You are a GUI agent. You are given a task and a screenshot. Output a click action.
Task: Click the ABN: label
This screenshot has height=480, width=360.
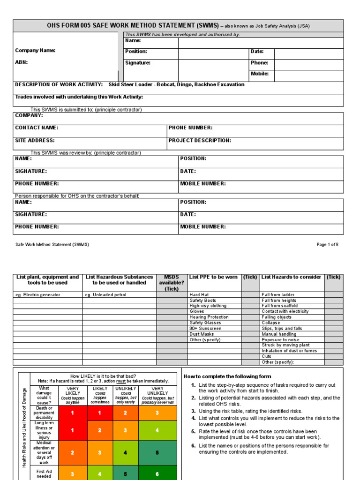[x=22, y=62]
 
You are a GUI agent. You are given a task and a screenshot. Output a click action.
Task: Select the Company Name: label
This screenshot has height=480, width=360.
[x=35, y=51]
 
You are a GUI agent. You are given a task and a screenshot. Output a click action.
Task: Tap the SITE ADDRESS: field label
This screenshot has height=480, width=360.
[x=35, y=140]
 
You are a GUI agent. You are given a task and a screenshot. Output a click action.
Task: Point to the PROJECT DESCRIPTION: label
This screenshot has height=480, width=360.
[x=200, y=140]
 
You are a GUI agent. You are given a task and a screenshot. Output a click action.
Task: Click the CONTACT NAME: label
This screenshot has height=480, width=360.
[x=37, y=127]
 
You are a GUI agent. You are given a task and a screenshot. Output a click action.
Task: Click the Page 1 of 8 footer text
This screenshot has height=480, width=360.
[x=327, y=245]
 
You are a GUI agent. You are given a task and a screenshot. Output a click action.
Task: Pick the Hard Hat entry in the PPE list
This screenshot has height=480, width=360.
[x=199, y=295]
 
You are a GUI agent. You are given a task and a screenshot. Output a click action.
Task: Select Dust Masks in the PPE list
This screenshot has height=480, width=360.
[x=202, y=334]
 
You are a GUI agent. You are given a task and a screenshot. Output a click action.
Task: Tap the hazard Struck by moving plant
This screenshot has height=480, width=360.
[x=285, y=345]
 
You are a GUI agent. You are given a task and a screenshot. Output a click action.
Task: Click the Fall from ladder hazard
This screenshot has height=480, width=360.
[x=278, y=295]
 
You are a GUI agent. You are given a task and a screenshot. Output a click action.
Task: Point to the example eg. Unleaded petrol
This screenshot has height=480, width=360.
[x=105, y=295]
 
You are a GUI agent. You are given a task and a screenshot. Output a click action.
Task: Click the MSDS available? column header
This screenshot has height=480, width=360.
[x=172, y=283]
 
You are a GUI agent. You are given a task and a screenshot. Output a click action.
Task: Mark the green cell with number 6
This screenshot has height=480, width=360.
[x=157, y=474]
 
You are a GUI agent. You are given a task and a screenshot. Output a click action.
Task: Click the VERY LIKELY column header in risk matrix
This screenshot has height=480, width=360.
[x=73, y=391]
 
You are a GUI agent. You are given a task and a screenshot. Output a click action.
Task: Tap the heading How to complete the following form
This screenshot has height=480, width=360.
[x=227, y=376]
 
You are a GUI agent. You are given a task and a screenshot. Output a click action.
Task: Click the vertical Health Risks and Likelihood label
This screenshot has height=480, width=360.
[x=24, y=427]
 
